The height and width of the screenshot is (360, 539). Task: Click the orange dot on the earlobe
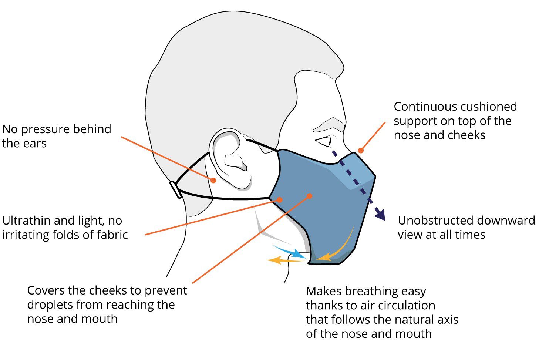click(x=213, y=180)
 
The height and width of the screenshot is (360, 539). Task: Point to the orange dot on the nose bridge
click(x=361, y=150)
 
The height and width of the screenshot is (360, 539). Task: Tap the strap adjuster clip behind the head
click(x=175, y=189)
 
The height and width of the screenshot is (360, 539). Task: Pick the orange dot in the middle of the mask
click(x=310, y=195)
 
